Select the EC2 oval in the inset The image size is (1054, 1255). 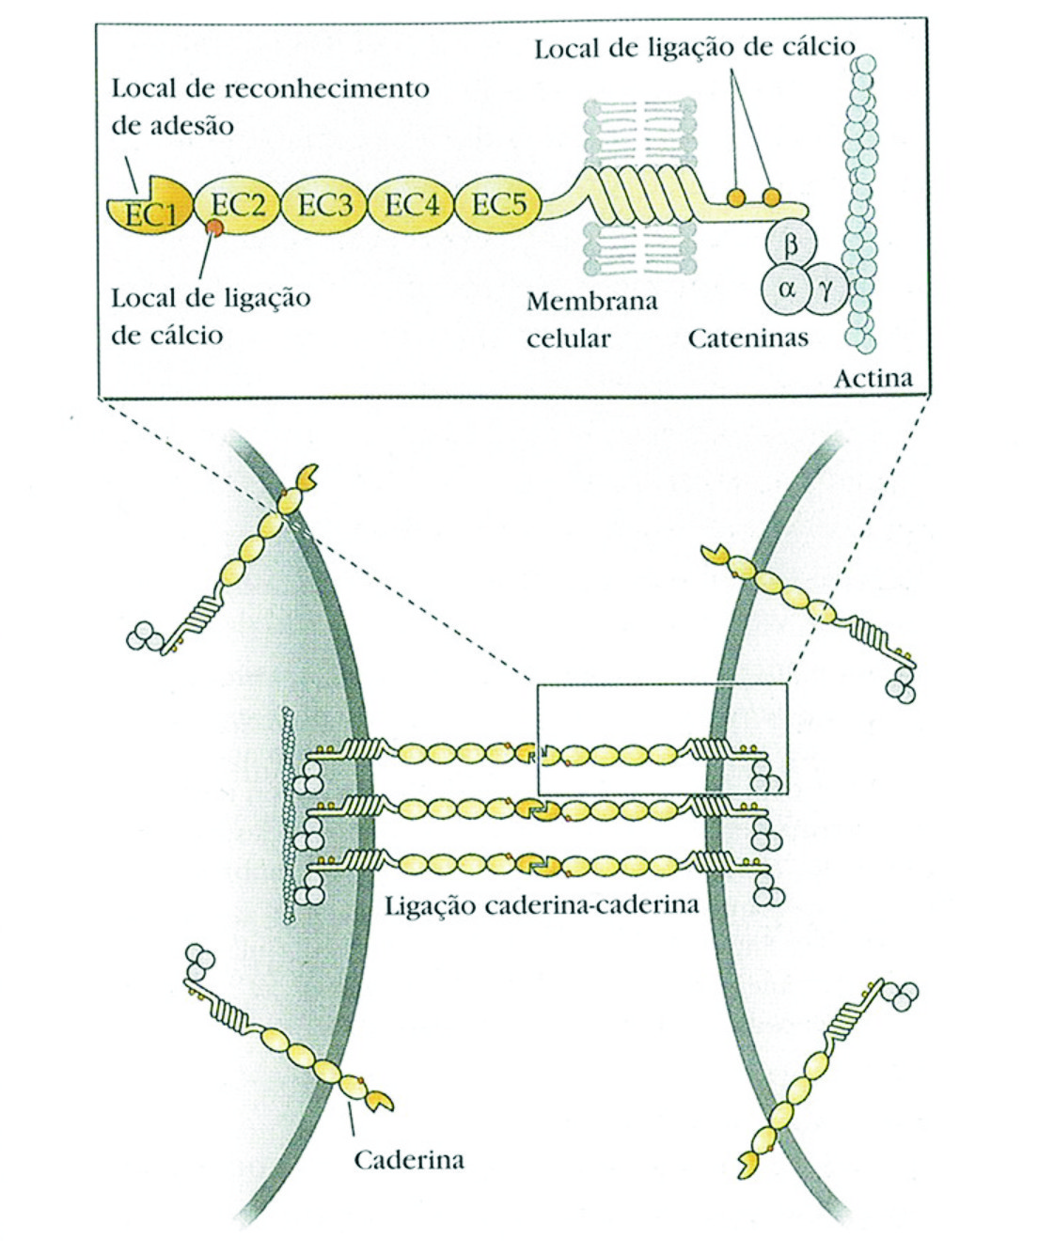coord(237,204)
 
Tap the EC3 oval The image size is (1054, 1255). coord(324,204)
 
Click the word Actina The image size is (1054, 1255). coord(873,379)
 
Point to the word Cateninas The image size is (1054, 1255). coord(747,337)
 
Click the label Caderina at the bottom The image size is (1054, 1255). coord(408,1159)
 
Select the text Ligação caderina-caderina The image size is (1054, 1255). coord(543,905)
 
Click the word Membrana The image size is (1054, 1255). coord(591,302)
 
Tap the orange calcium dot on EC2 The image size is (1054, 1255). coord(215,227)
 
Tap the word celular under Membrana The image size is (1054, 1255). coord(569,337)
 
